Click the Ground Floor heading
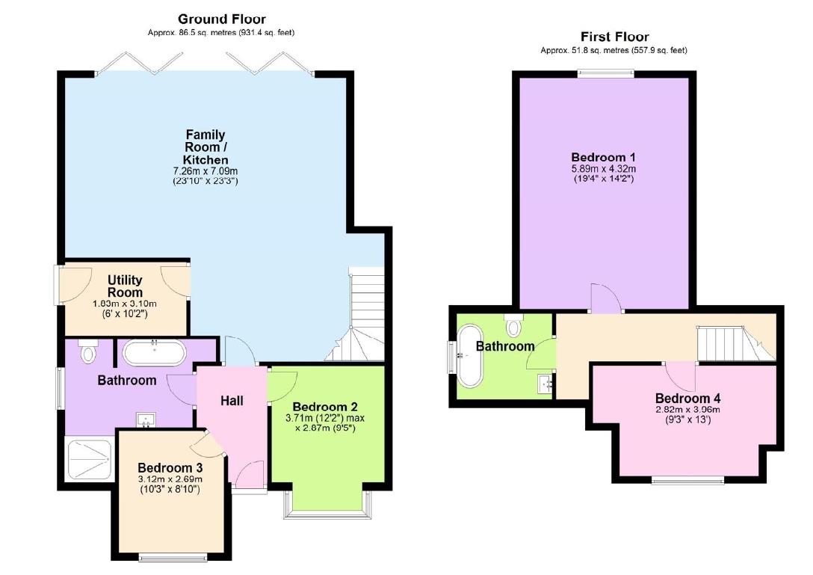221,19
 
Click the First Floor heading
614,37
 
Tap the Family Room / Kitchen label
205,147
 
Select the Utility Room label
125,286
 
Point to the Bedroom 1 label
603,158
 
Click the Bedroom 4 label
687,399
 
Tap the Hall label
232,401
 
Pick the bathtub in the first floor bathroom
471,355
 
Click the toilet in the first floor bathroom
513,326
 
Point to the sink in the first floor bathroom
544,384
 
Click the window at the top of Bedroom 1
605,73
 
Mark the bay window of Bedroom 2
327,505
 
